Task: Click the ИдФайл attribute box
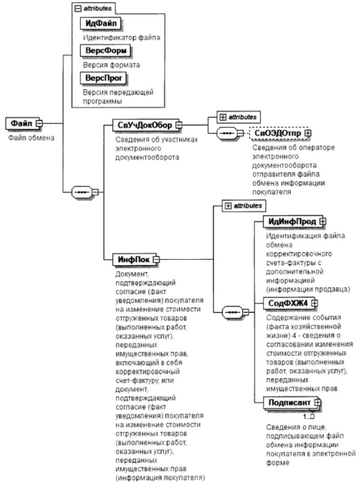[x=100, y=23]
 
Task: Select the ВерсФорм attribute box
[x=105, y=51]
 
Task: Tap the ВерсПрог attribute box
[x=103, y=78]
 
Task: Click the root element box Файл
[x=23, y=124]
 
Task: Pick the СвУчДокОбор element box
[x=146, y=125]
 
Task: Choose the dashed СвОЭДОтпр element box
[x=279, y=133]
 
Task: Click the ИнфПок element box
[x=135, y=260]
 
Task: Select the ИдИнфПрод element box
[x=294, y=221]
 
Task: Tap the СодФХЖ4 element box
[x=290, y=303]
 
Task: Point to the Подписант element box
[x=292, y=403]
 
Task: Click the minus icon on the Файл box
[x=39, y=124]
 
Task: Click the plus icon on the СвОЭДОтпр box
[x=308, y=133]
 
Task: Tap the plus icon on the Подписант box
[x=318, y=403]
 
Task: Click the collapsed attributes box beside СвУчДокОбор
[x=238, y=118]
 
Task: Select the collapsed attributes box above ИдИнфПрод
[x=244, y=206]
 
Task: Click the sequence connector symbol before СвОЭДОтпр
[x=229, y=133]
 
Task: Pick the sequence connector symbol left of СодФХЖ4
[x=235, y=312]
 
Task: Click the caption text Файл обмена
[x=32, y=138]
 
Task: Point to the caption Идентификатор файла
[x=122, y=38]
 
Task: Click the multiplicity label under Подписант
[x=309, y=417]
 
